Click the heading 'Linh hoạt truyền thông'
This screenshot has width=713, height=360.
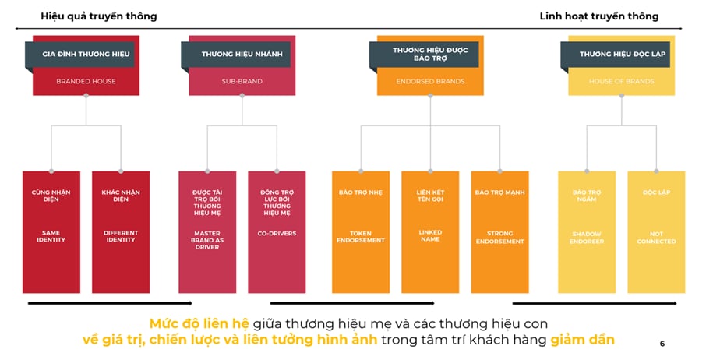598,16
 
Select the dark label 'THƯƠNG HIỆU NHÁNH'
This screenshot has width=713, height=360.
235,54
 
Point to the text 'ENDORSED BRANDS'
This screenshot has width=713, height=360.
430,81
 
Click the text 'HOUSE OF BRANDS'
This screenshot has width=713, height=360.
621,81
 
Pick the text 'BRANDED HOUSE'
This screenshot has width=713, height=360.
86,81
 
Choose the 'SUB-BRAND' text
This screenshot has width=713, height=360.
242,81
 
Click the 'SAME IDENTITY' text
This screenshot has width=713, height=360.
51,236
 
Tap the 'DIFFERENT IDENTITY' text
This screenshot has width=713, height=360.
120,236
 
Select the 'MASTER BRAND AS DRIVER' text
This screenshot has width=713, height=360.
206,240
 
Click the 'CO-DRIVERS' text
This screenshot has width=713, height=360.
277,232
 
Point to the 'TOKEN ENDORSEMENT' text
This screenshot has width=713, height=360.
361,236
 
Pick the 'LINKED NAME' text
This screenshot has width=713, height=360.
430,235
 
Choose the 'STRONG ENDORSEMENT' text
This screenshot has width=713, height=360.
499,237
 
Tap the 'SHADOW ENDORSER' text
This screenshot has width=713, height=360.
586,237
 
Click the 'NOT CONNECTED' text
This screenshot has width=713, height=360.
656,237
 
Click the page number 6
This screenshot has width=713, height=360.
662,343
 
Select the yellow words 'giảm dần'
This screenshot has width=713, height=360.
582,340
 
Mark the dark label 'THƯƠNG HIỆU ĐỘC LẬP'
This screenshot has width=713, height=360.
617,54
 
